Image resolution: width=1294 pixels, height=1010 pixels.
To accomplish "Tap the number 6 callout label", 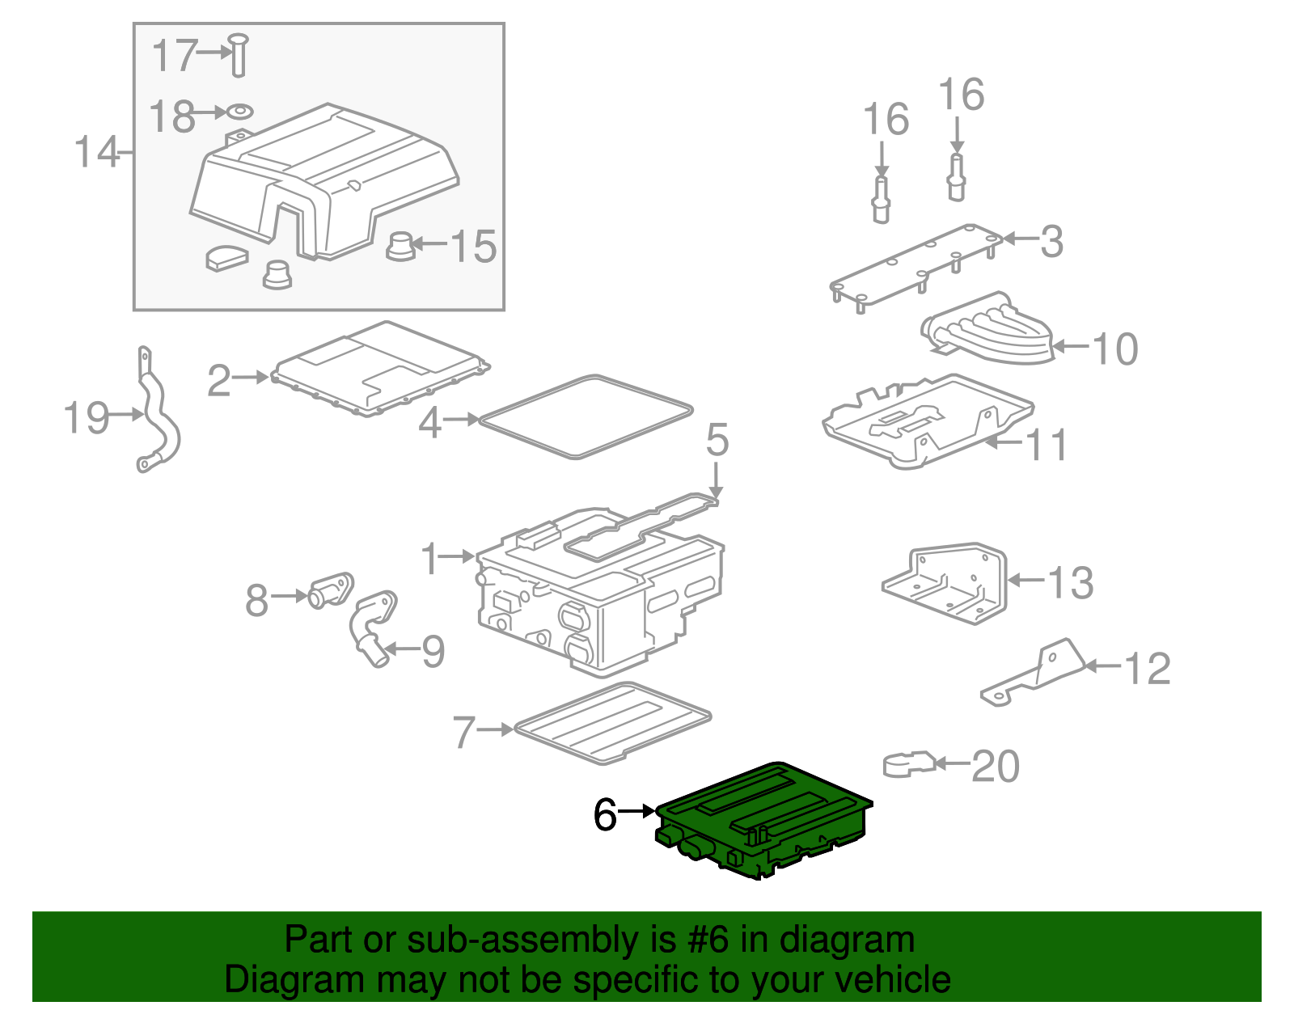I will tap(605, 814).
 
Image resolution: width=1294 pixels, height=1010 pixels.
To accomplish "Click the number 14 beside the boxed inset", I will tap(96, 152).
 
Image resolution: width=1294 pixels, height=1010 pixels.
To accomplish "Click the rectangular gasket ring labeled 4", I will tap(585, 417).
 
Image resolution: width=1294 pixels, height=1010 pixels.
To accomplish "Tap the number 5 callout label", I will tap(717, 440).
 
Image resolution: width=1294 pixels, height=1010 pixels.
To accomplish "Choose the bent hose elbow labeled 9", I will tap(370, 627).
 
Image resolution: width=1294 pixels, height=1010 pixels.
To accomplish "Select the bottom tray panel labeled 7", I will tap(612, 722).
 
